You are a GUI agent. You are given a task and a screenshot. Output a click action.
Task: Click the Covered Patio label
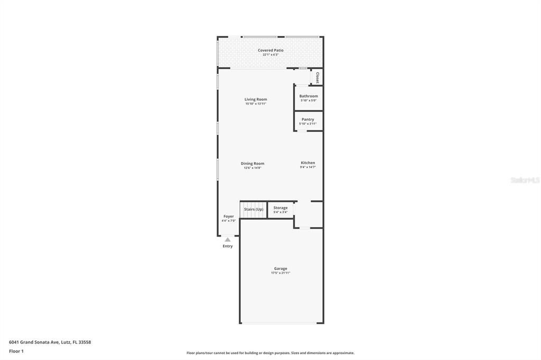(270, 50)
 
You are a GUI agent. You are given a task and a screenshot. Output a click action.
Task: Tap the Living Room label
(256, 99)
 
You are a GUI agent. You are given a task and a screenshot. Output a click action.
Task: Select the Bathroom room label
(309, 96)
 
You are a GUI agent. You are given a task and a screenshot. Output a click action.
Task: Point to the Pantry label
(308, 119)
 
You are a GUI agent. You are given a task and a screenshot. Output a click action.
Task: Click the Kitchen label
(308, 163)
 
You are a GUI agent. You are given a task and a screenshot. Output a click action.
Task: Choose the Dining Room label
(253, 164)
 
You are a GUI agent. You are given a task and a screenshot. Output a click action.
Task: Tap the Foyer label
(228, 216)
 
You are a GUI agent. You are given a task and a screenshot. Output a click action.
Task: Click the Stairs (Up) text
(254, 210)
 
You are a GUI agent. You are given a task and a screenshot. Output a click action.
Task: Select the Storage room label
(281, 208)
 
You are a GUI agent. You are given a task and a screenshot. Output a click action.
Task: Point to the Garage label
(281, 269)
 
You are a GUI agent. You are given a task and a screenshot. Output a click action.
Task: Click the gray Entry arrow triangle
(228, 240)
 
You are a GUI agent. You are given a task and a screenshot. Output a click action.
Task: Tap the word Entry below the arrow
(228, 247)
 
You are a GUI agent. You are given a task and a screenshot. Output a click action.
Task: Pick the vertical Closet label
(317, 78)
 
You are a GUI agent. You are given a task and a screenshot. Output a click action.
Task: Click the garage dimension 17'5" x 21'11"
(281, 273)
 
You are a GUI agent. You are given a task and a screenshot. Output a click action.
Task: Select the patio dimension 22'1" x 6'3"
(270, 54)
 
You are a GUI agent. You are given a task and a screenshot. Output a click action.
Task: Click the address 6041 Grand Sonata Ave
(50, 342)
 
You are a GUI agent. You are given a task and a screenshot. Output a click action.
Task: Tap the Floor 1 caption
(16, 351)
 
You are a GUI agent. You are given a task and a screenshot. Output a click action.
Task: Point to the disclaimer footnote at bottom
(270, 353)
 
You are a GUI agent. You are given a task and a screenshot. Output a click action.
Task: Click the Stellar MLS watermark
(525, 180)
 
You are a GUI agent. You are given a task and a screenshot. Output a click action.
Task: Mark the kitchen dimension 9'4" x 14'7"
(308, 167)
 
